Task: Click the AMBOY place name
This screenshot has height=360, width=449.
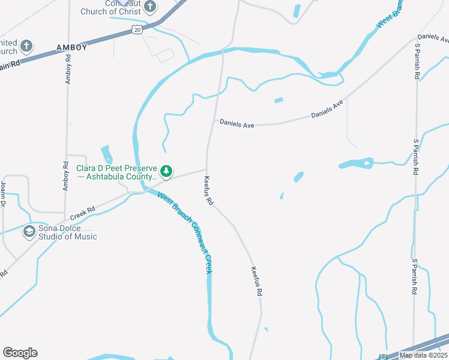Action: tap(71, 47)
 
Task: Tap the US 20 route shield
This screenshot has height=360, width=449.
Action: tap(138, 29)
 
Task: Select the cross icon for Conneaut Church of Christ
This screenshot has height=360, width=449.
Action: tap(150, 7)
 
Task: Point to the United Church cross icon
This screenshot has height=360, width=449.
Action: tap(26, 46)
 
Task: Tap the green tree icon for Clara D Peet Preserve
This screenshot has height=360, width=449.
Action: tap(166, 172)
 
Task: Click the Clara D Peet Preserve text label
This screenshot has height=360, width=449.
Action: tap(116, 172)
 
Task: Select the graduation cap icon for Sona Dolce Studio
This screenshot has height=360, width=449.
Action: tap(29, 231)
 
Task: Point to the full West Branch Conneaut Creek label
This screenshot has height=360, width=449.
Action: tap(185, 232)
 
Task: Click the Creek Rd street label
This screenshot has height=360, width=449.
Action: tap(83, 213)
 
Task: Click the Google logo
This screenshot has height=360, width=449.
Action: tap(20, 353)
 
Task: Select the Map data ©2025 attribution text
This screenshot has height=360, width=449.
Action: tap(423, 355)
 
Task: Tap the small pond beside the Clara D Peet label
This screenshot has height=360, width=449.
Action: tap(107, 154)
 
